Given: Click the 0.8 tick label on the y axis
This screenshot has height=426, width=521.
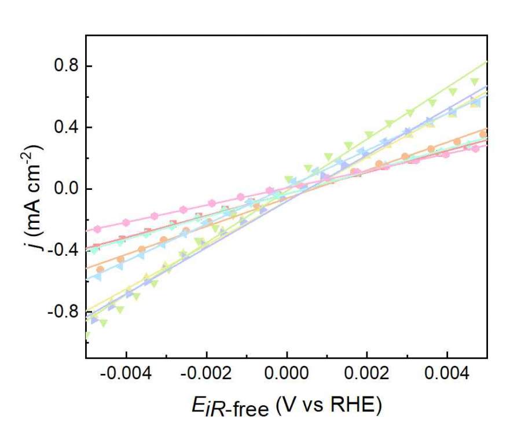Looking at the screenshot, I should (65, 66).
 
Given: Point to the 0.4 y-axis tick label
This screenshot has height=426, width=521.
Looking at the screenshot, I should (65, 127).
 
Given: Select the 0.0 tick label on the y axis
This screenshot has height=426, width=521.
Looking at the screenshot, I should (65, 189).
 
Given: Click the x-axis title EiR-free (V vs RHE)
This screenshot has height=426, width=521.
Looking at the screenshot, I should (286, 407).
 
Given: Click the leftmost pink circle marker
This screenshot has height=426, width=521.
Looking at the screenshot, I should (97, 229).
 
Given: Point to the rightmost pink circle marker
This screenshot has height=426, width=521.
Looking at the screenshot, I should (475, 149).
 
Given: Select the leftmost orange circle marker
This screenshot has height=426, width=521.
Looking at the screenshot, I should (100, 269).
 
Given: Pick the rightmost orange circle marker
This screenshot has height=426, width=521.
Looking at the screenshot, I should (483, 134).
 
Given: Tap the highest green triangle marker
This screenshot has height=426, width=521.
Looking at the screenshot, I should (475, 82).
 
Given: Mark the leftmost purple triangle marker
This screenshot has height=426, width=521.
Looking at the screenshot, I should (95, 320).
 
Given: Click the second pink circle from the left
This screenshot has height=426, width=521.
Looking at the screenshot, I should (126, 222).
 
